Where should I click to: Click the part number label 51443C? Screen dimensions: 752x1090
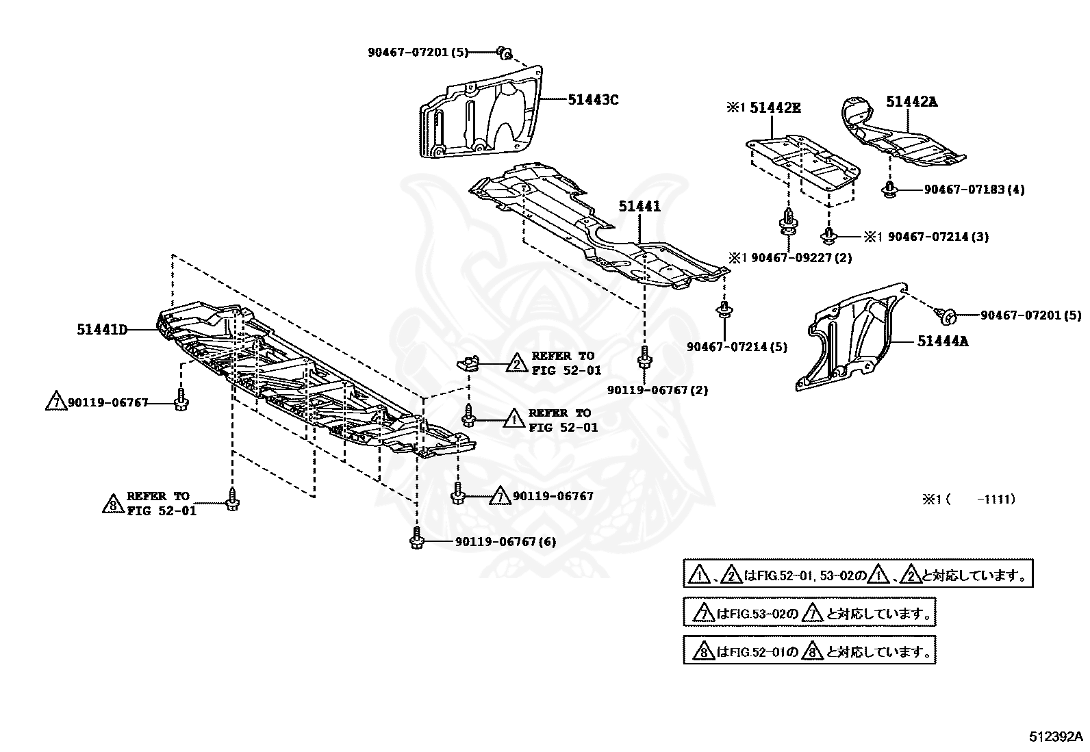(593, 100)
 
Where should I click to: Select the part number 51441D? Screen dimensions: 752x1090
(102, 330)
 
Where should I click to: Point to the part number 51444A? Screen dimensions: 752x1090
(943, 340)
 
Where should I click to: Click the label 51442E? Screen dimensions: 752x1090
(775, 107)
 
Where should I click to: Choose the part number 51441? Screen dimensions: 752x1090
(640, 206)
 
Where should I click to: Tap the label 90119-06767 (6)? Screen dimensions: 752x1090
(505, 542)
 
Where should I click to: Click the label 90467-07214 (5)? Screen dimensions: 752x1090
(737, 347)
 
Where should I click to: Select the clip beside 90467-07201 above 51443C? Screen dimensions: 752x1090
(504, 51)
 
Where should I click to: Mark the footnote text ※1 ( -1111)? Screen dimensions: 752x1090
(968, 500)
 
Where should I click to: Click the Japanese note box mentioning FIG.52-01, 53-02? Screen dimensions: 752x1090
(857, 574)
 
